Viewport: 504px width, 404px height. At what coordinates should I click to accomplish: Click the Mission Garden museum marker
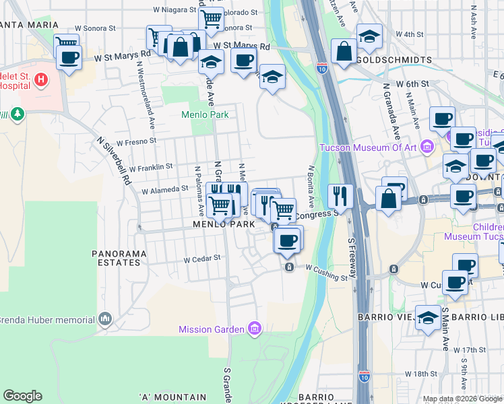coord(255,329)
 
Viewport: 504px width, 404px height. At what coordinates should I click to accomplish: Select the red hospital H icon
coord(41,80)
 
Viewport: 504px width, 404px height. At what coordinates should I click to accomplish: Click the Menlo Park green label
coord(205,114)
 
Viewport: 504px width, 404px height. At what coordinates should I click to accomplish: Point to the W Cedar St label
coord(202,258)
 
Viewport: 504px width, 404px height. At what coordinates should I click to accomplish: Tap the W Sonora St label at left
coord(96,30)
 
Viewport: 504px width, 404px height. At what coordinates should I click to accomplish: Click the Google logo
coord(22,395)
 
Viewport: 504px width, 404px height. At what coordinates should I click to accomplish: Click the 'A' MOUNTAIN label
coord(172,397)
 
